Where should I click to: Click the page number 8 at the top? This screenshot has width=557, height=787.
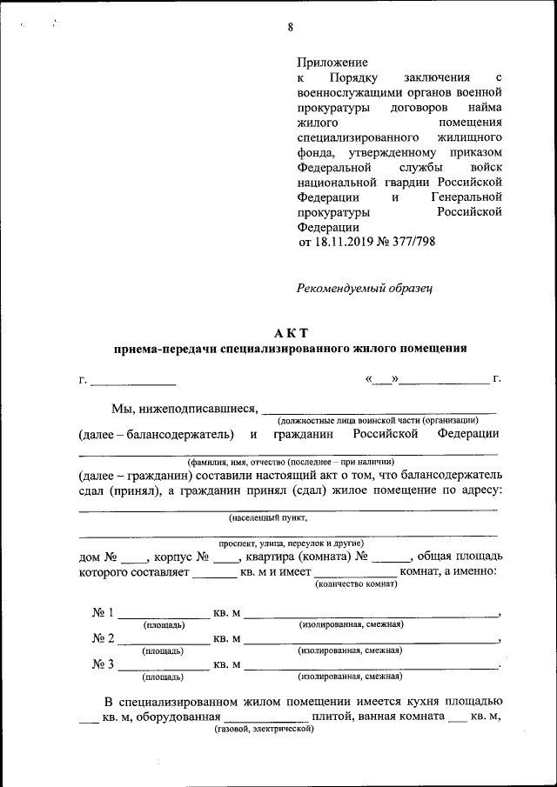tap(290, 27)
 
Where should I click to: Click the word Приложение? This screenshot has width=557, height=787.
tap(332, 63)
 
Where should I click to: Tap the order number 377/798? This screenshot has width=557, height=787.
tap(412, 242)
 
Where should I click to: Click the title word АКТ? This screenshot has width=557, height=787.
tap(290, 333)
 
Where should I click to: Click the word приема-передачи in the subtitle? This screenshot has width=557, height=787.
tap(161, 349)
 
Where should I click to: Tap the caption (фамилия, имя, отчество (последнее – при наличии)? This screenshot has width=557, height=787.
tap(288, 461)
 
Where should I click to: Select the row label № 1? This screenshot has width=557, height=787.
tap(104, 613)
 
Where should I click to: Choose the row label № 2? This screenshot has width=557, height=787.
tap(104, 639)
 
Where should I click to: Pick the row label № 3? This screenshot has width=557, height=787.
tap(104, 665)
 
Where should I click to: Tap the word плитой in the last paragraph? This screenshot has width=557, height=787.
tap(331, 717)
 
